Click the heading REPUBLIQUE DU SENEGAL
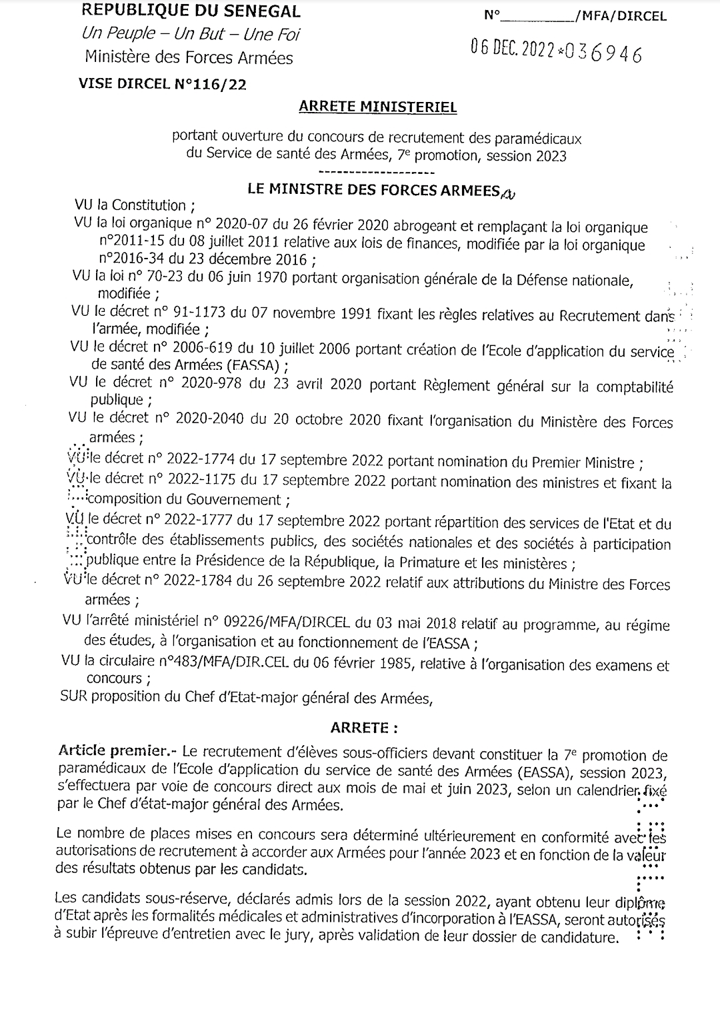pos(190,11)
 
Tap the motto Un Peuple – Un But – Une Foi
pos(191,33)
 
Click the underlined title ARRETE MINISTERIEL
pos(377,107)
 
